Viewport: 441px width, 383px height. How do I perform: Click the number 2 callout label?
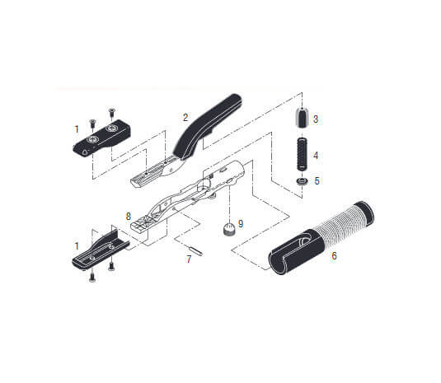[x=186, y=117]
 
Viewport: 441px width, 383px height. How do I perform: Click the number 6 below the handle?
[x=333, y=256]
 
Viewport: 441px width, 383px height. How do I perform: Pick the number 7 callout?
[x=189, y=259]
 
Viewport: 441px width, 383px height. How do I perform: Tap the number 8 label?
[x=129, y=216]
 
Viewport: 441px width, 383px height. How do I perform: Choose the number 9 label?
[x=241, y=223]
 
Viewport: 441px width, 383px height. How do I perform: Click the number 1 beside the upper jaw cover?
[x=77, y=128]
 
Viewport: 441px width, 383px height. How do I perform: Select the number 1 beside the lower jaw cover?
[x=77, y=245]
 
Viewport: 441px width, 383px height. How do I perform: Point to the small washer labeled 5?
[x=302, y=181]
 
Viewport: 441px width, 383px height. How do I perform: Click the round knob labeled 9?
[x=225, y=231]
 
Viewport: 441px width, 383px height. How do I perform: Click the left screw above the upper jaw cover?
[x=92, y=123]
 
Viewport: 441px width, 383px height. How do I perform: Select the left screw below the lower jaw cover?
[x=91, y=277]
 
